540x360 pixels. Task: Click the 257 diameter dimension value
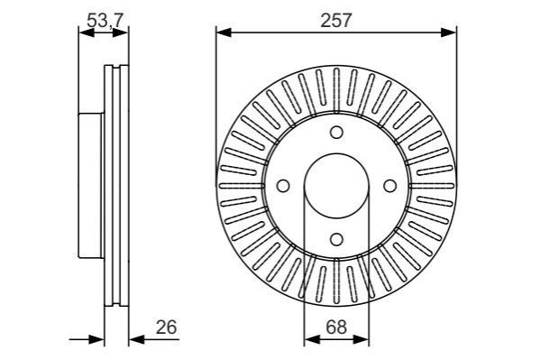pyautogui.click(x=335, y=21)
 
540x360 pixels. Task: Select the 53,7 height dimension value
pyautogui.click(x=105, y=21)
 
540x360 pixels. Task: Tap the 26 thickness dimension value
pyautogui.click(x=167, y=327)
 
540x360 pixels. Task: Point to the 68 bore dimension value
pyautogui.click(x=336, y=327)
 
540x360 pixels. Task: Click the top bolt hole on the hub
pyautogui.click(x=336, y=133)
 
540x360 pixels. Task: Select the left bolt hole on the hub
pyautogui.click(x=283, y=186)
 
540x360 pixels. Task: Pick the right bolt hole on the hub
pyautogui.click(x=389, y=186)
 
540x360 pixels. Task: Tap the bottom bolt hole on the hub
pyautogui.click(x=336, y=239)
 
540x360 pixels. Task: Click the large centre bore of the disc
pyautogui.click(x=336, y=186)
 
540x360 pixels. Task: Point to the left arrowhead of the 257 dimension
pyautogui.click(x=224, y=32)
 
